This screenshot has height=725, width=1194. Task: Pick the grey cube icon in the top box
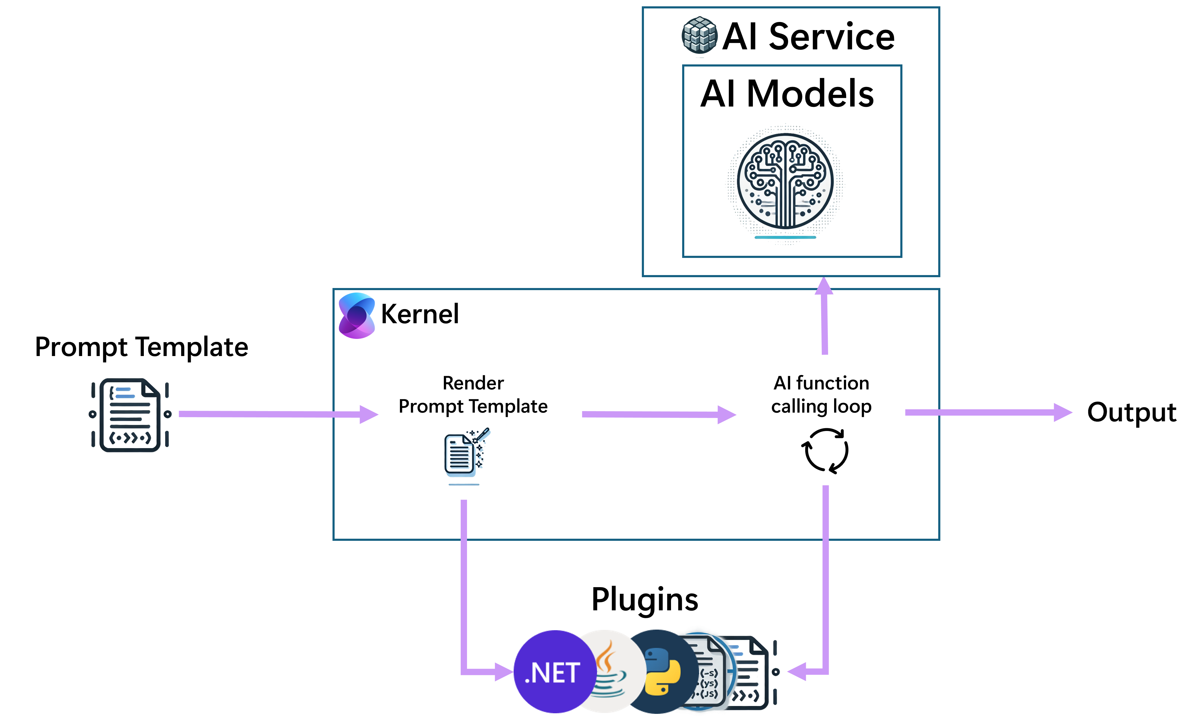pyautogui.click(x=700, y=35)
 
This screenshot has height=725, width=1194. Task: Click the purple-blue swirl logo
pyautogui.click(x=357, y=315)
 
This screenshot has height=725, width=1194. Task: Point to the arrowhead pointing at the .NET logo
pyautogui.click(x=504, y=672)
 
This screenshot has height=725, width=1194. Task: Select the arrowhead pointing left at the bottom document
pyautogui.click(x=796, y=672)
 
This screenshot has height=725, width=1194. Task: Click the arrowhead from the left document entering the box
pyautogui.click(x=369, y=414)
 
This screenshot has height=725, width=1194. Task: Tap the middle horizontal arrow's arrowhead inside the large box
pyautogui.click(x=727, y=415)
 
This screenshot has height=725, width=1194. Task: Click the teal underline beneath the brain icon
pyautogui.click(x=785, y=237)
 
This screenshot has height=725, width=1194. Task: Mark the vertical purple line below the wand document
pyautogui.click(x=464, y=581)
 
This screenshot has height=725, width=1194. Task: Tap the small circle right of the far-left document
pyautogui.click(x=168, y=414)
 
